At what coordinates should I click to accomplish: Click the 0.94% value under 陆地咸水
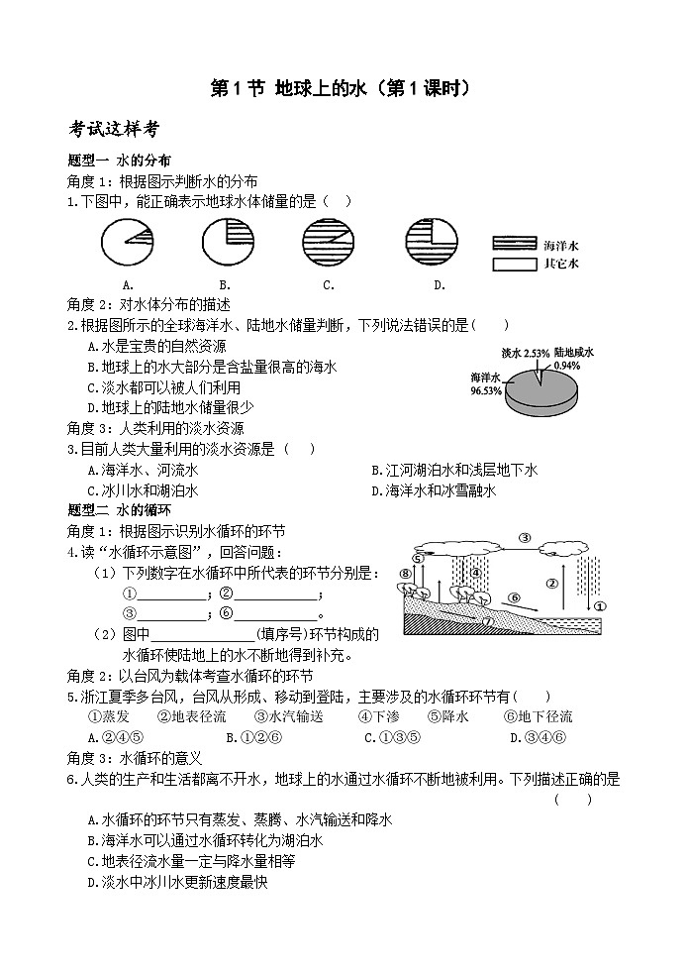[x=567, y=365]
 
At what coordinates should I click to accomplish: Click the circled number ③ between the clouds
[x=525, y=538]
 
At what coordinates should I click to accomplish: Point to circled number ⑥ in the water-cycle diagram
[x=513, y=597]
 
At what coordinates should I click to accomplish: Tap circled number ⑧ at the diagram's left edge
[x=405, y=574]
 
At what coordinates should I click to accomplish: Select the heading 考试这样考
[x=115, y=129]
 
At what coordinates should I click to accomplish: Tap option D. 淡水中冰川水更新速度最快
[x=178, y=881]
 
